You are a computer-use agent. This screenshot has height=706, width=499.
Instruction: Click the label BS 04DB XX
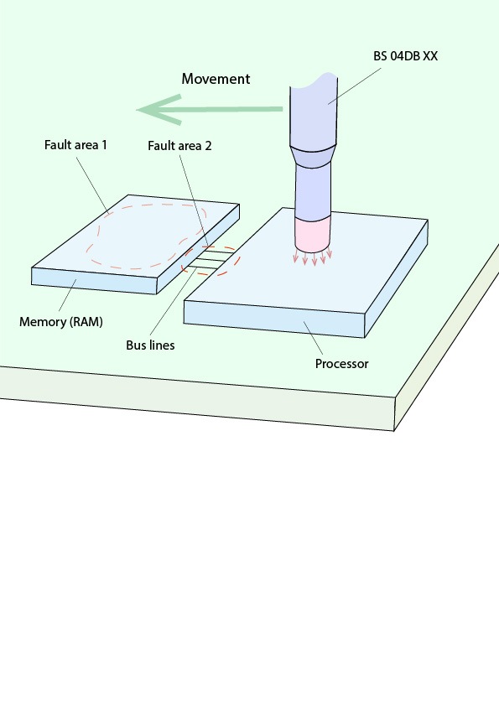[405, 56]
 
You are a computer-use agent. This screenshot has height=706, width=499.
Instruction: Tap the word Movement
[216, 79]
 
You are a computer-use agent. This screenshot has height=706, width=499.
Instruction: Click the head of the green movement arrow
[159, 109]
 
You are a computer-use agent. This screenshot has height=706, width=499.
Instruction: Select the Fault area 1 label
[75, 145]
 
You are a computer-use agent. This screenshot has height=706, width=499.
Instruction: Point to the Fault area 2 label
[179, 146]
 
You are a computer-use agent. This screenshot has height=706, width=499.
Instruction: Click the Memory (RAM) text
[60, 322]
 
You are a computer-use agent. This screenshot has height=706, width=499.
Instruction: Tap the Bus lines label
[150, 345]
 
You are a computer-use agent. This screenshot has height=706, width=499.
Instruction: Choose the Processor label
[341, 364]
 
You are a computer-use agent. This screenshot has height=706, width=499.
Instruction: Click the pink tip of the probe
[313, 234]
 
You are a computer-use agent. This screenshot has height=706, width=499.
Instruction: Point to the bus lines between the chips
[210, 260]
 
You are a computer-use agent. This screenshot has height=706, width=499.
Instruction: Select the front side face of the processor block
[273, 319]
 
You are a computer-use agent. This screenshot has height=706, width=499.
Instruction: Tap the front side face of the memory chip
[94, 281]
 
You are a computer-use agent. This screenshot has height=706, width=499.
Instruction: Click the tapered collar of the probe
[313, 156]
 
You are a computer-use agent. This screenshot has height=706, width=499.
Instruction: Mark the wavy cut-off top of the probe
[314, 81]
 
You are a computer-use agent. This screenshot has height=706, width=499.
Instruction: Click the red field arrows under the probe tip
[313, 256]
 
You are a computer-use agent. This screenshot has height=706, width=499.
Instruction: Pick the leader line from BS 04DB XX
[355, 86]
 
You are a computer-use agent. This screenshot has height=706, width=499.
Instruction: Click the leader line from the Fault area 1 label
[92, 185]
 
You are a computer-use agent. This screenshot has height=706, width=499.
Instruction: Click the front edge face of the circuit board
[197, 398]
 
